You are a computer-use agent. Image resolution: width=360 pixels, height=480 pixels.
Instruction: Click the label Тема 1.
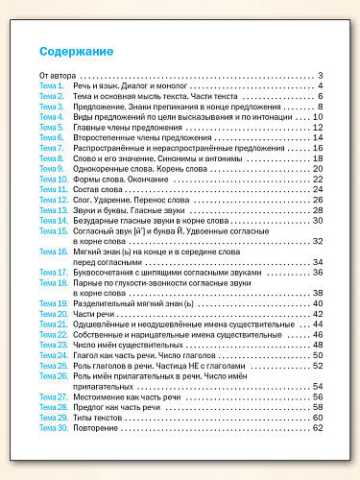pos(51,86)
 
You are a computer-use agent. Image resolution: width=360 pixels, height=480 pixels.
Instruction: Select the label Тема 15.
pos(53,231)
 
